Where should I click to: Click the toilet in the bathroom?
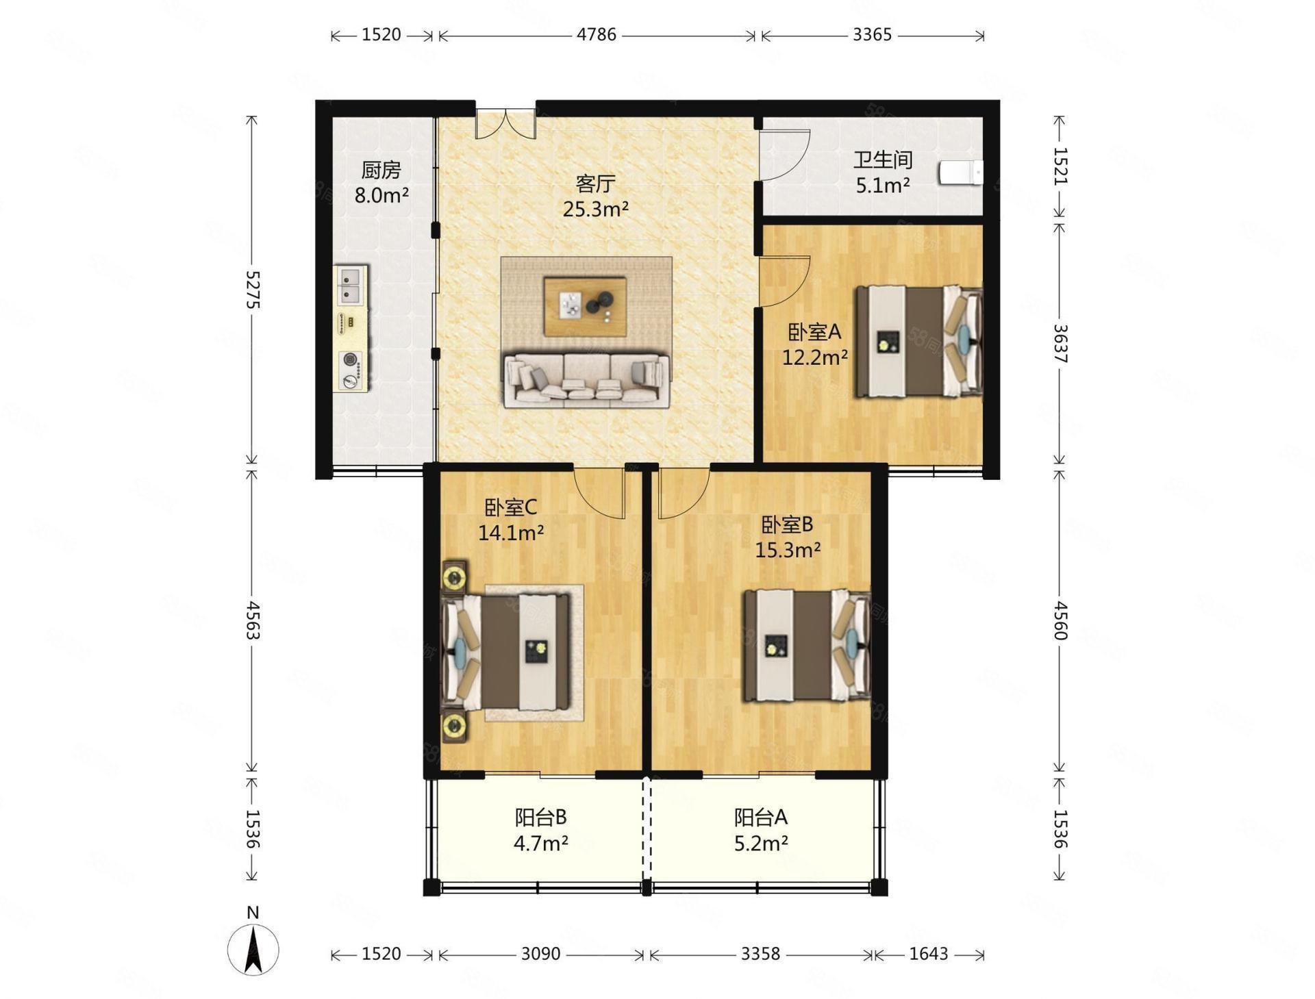coord(961,173)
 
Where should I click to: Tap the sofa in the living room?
coord(587,380)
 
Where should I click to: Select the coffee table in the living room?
coord(585,306)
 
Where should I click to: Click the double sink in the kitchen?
coord(351,285)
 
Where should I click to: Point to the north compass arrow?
coord(253,950)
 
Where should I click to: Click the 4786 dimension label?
coord(597,34)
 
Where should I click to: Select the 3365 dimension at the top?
coord(872,34)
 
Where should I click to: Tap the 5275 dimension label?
coord(253,290)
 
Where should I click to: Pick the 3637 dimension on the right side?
coord(1060,344)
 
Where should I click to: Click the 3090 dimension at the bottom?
coord(540,954)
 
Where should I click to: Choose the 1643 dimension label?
coord(929,954)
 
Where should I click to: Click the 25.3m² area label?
coord(596,209)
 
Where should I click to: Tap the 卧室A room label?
coord(814,333)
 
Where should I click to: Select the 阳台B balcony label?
coord(541,817)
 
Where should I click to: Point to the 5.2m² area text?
coord(761,843)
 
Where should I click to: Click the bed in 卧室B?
coord(807,646)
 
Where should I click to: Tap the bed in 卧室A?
coord(918,342)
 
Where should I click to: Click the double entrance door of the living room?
coord(505,124)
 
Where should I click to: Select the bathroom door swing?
coord(785,155)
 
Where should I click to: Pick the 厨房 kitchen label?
coord(381,170)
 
